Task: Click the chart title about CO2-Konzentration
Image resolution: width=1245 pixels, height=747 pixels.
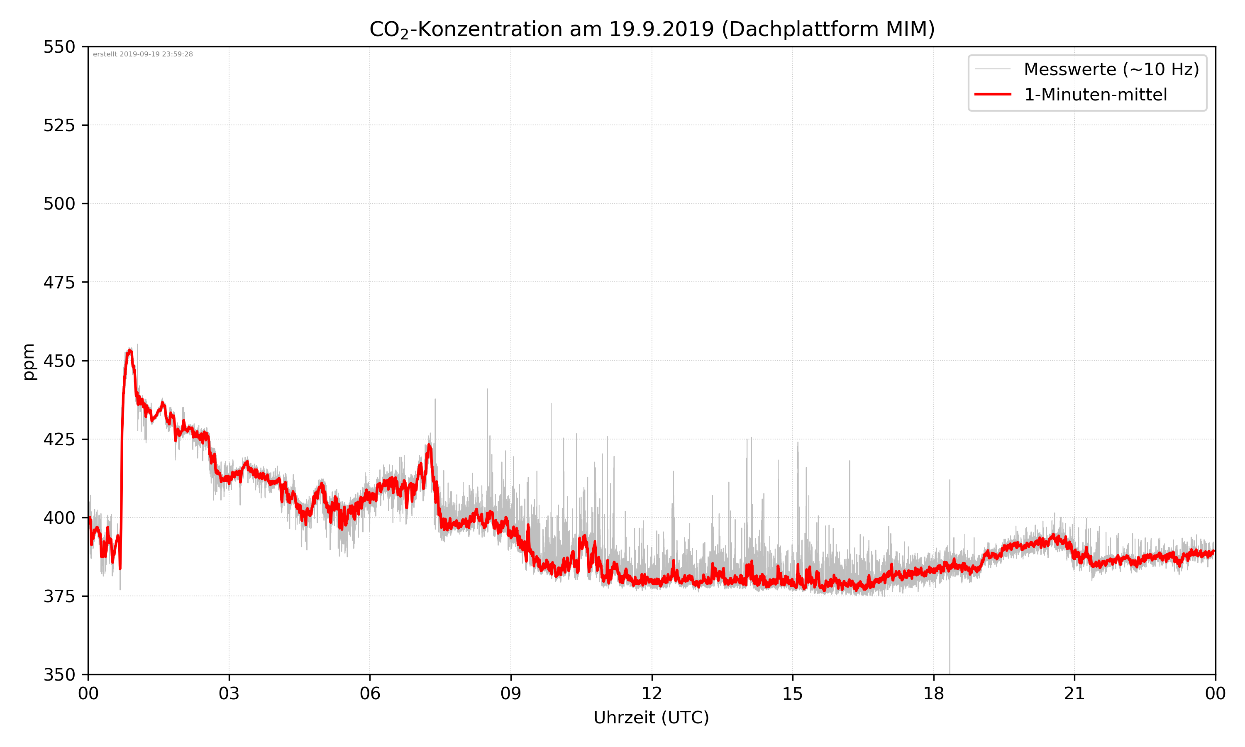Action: click(x=652, y=29)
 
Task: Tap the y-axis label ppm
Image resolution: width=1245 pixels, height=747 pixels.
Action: click(x=29, y=361)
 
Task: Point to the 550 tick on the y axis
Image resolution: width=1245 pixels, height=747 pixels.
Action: click(x=59, y=47)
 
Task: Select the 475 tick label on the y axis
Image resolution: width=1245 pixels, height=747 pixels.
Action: click(x=59, y=282)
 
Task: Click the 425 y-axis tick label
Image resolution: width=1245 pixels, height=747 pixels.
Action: click(x=59, y=439)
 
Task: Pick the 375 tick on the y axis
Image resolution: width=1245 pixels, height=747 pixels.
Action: click(x=59, y=596)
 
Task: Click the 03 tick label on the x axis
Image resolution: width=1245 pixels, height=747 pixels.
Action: click(x=229, y=693)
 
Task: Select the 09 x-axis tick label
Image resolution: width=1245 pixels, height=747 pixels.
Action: click(x=511, y=693)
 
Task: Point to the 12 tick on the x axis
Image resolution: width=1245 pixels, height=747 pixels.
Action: click(x=652, y=693)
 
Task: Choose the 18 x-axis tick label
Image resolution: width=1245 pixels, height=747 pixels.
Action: click(x=933, y=693)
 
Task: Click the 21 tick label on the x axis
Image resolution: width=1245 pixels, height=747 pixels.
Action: click(x=1074, y=693)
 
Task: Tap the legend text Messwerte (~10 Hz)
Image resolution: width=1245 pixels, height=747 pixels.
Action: click(x=1111, y=69)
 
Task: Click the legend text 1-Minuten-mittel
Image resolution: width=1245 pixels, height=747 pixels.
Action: click(x=1095, y=95)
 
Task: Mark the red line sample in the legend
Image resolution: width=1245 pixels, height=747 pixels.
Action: click(x=992, y=94)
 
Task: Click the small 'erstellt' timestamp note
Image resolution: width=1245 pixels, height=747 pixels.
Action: click(x=143, y=54)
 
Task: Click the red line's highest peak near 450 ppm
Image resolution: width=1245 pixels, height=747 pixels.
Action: click(x=130, y=350)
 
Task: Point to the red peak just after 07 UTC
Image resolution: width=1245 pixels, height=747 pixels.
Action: click(x=429, y=446)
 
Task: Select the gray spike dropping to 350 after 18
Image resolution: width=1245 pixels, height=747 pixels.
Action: click(x=950, y=654)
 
